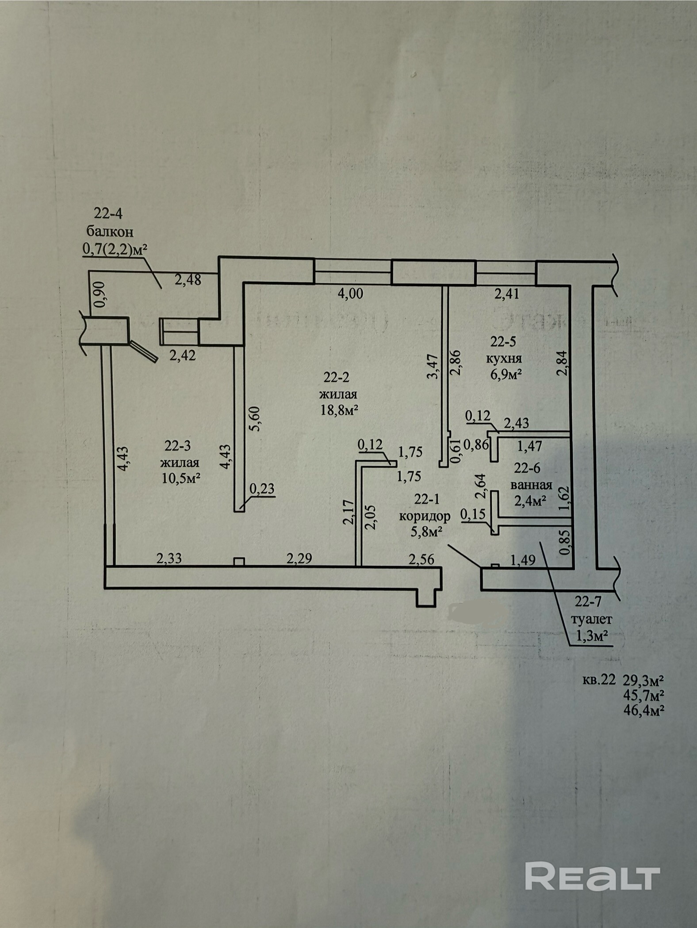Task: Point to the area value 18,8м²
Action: pos(339,410)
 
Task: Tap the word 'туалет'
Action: pos(591,620)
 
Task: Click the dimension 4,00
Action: pos(350,293)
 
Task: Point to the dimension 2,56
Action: pos(421,559)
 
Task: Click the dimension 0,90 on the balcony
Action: pos(100,293)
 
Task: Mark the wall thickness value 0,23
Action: pos(262,488)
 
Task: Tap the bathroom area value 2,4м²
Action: pos(529,500)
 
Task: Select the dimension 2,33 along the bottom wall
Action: pos(169,559)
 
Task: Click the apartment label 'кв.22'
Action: pos(599,692)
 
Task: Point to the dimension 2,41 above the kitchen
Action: pos(506,293)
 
